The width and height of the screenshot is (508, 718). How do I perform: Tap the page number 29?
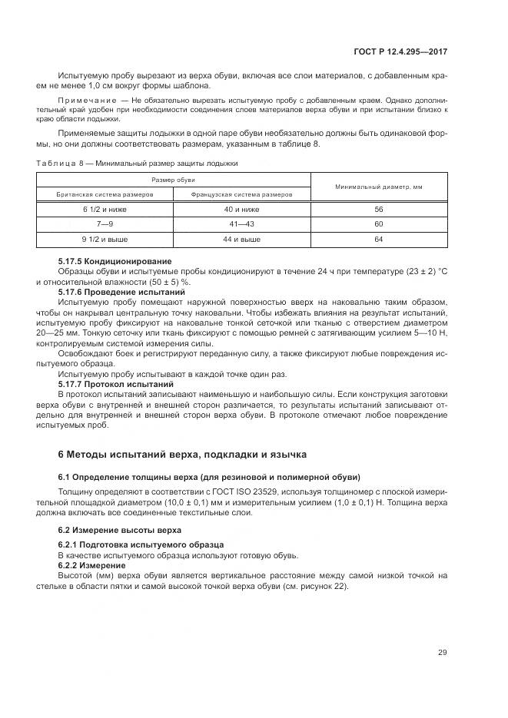442,653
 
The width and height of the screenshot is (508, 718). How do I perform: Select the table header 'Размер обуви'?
172,179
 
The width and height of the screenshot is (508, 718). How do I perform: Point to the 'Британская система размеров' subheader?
96,195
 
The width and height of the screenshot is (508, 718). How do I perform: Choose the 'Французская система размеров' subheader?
241,195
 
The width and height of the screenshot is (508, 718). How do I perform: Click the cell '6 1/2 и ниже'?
96,210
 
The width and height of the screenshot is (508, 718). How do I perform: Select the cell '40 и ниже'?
241,210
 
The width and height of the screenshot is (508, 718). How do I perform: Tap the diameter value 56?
378,210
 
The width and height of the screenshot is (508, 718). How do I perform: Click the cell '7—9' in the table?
96,224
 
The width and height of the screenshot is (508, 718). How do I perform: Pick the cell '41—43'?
241,224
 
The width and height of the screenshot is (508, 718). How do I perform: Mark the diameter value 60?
378,224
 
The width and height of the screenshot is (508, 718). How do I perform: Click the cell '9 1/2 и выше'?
96,240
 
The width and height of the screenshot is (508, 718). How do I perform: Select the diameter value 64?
378,240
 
